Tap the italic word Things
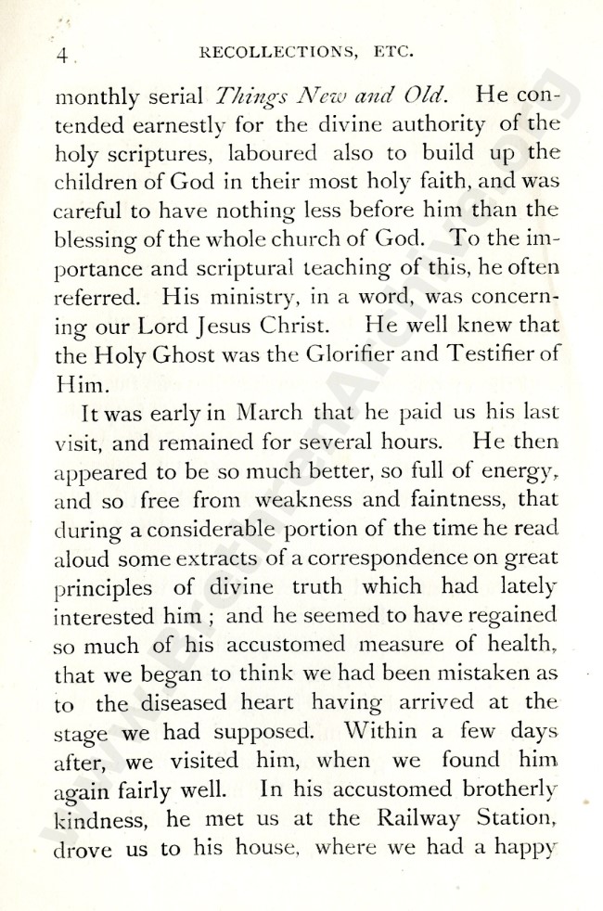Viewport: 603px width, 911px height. click(252, 95)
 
